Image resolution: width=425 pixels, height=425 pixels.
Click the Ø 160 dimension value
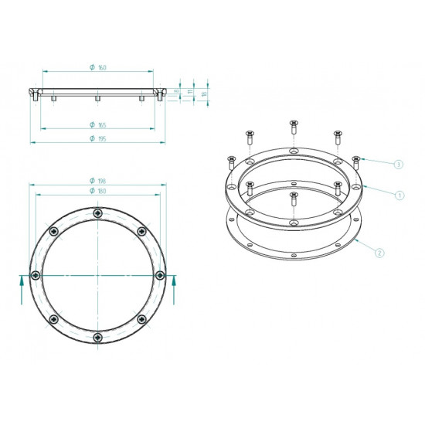[97, 68]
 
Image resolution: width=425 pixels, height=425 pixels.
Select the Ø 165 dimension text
[97, 125]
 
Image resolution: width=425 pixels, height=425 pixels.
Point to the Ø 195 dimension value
[97, 140]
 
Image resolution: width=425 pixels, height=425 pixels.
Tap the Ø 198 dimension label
[97, 182]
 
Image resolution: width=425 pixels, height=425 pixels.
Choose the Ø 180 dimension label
[97, 191]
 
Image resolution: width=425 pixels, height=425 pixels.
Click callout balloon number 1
[399, 195]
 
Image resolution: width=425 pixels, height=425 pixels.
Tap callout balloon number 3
[399, 164]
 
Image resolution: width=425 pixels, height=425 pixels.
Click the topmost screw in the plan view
[97, 213]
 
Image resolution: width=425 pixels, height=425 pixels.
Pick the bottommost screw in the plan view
[97, 338]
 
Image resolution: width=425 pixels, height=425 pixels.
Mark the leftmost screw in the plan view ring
[35, 275]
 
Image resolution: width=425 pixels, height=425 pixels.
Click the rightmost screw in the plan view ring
[159, 275]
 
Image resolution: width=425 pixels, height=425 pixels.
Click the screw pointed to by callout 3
[356, 161]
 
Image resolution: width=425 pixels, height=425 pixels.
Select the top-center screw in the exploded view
[293, 125]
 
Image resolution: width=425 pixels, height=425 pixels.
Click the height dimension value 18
[204, 93]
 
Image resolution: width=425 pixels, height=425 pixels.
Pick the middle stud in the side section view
[97, 99]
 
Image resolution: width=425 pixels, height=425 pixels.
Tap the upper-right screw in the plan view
[141, 231]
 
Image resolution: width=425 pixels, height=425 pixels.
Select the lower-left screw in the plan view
[53, 319]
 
